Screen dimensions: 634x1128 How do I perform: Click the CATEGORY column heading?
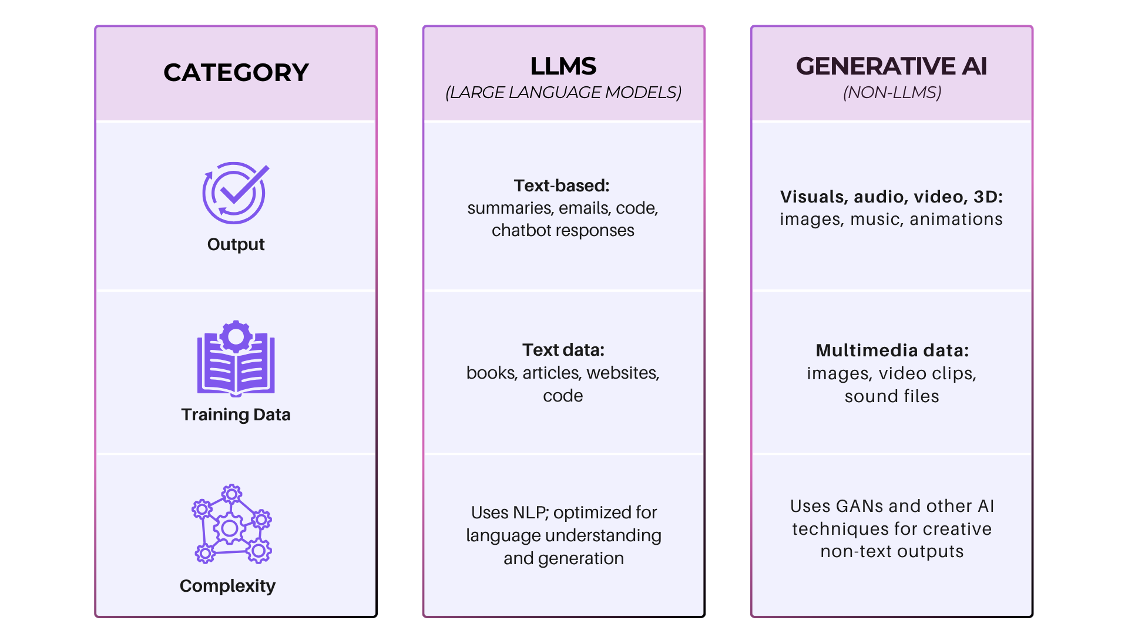236,73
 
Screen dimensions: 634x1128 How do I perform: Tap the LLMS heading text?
563,66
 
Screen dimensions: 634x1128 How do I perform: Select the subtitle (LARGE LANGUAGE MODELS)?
563,93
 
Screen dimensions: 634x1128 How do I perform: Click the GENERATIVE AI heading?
891,66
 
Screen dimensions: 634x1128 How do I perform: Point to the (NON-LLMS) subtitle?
892,93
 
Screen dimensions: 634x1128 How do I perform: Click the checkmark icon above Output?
235,193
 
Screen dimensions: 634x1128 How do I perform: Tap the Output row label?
236,244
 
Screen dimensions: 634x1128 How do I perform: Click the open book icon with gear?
236,358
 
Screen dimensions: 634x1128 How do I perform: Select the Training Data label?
236,414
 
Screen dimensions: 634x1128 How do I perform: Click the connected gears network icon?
231,524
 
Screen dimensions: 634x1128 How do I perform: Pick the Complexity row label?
227,586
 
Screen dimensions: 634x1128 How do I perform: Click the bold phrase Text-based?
561,186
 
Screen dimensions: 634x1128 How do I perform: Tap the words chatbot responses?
563,231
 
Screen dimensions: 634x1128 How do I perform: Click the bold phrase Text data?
563,350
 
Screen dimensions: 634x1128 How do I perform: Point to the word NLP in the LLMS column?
531,512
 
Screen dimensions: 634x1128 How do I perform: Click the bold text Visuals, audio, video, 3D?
891,197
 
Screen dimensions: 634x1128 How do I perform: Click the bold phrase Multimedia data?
892,350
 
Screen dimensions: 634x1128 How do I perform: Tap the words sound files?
892,396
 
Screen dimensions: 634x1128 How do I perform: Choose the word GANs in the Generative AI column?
860,506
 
